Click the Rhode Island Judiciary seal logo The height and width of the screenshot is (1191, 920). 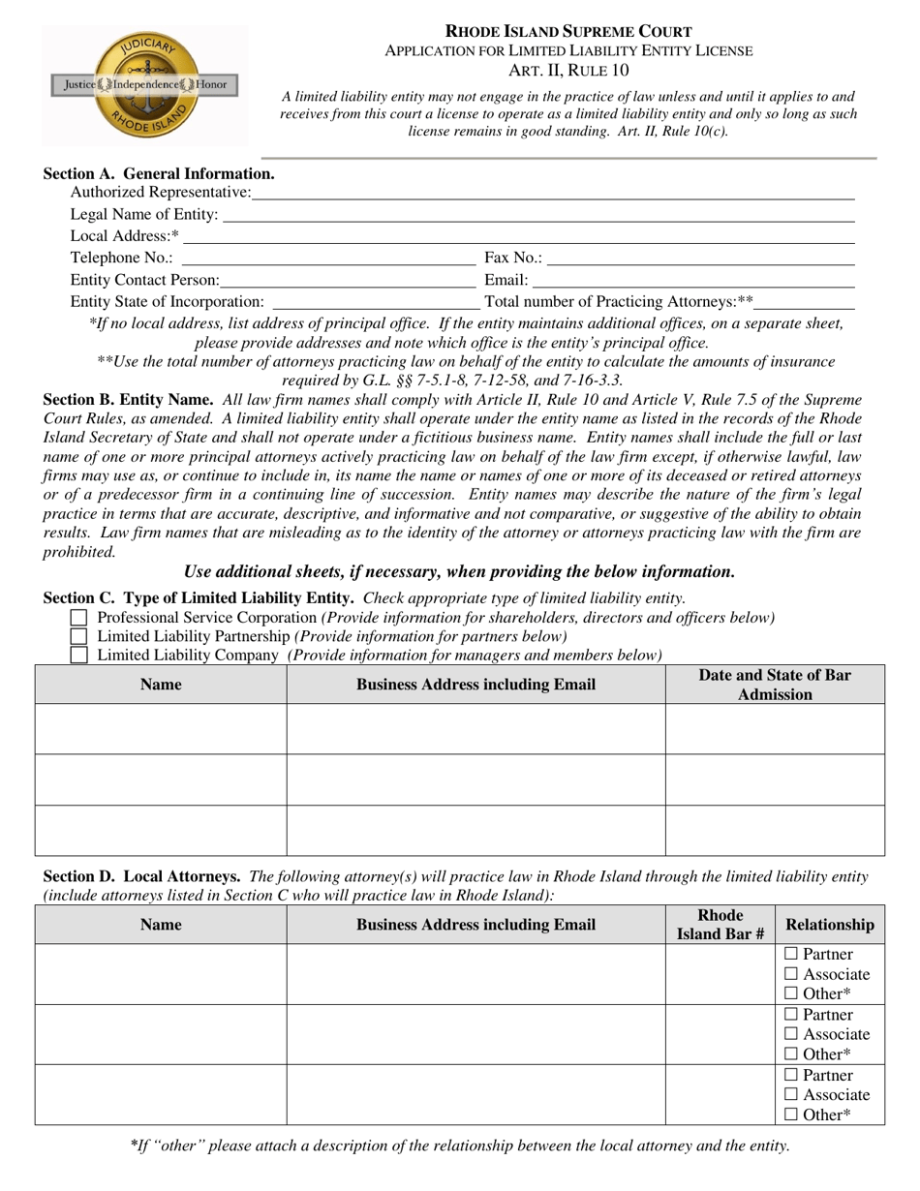(144, 84)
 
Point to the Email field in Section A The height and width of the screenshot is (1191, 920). (692, 280)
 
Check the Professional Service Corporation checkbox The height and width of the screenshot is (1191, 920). (79, 618)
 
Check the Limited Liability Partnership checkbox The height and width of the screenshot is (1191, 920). (79, 636)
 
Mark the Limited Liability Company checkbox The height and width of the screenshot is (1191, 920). (79, 656)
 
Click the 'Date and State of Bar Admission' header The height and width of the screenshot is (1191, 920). (775, 685)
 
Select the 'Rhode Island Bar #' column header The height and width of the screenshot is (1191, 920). (721, 925)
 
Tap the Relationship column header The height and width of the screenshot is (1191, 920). (830, 925)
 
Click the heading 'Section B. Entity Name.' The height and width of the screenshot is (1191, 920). (129, 399)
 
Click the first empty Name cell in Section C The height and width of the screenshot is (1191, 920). (161, 729)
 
